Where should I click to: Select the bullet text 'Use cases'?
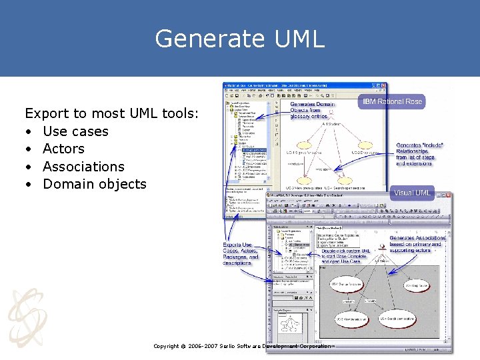click(75, 131)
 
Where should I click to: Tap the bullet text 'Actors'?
click(63, 149)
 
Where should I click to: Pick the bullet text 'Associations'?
click(83, 167)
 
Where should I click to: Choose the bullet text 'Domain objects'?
click(94, 184)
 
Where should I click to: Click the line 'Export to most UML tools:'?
click(111, 114)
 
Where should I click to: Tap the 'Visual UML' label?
click(412, 193)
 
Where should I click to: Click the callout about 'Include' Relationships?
click(420, 155)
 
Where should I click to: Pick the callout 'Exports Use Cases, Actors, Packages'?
click(241, 254)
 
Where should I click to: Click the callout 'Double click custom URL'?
click(347, 255)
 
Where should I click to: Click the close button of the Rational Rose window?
click(383, 85)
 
